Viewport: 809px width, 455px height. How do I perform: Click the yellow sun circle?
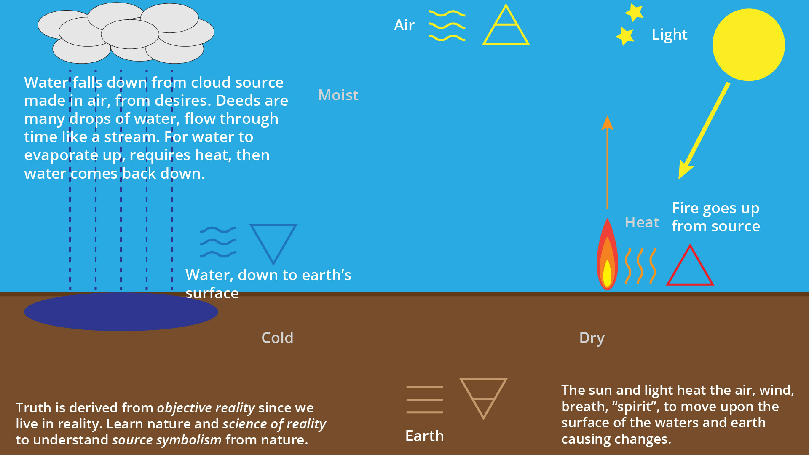tap(748, 45)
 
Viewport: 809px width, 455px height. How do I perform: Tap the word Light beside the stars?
tap(669, 35)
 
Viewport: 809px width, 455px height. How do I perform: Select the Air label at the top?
tap(404, 25)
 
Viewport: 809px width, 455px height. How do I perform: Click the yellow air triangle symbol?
tap(506, 25)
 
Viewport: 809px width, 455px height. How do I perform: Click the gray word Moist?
tap(338, 95)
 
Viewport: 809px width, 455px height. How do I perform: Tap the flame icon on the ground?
tap(607, 254)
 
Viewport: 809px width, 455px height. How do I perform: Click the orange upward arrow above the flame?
tap(607, 163)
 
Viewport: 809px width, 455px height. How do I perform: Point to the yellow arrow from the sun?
tap(704, 131)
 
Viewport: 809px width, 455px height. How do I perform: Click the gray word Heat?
tap(642, 222)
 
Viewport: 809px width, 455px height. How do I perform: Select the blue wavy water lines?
tap(218, 242)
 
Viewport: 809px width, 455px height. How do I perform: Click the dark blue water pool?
tap(121, 312)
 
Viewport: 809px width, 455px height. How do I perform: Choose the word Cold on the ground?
tap(277, 337)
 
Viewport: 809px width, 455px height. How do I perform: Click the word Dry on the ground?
tap(592, 338)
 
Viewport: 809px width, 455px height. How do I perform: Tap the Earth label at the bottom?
tap(424, 436)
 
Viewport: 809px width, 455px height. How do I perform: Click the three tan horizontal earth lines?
tap(424, 399)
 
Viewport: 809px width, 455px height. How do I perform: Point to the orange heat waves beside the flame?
tap(640, 266)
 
